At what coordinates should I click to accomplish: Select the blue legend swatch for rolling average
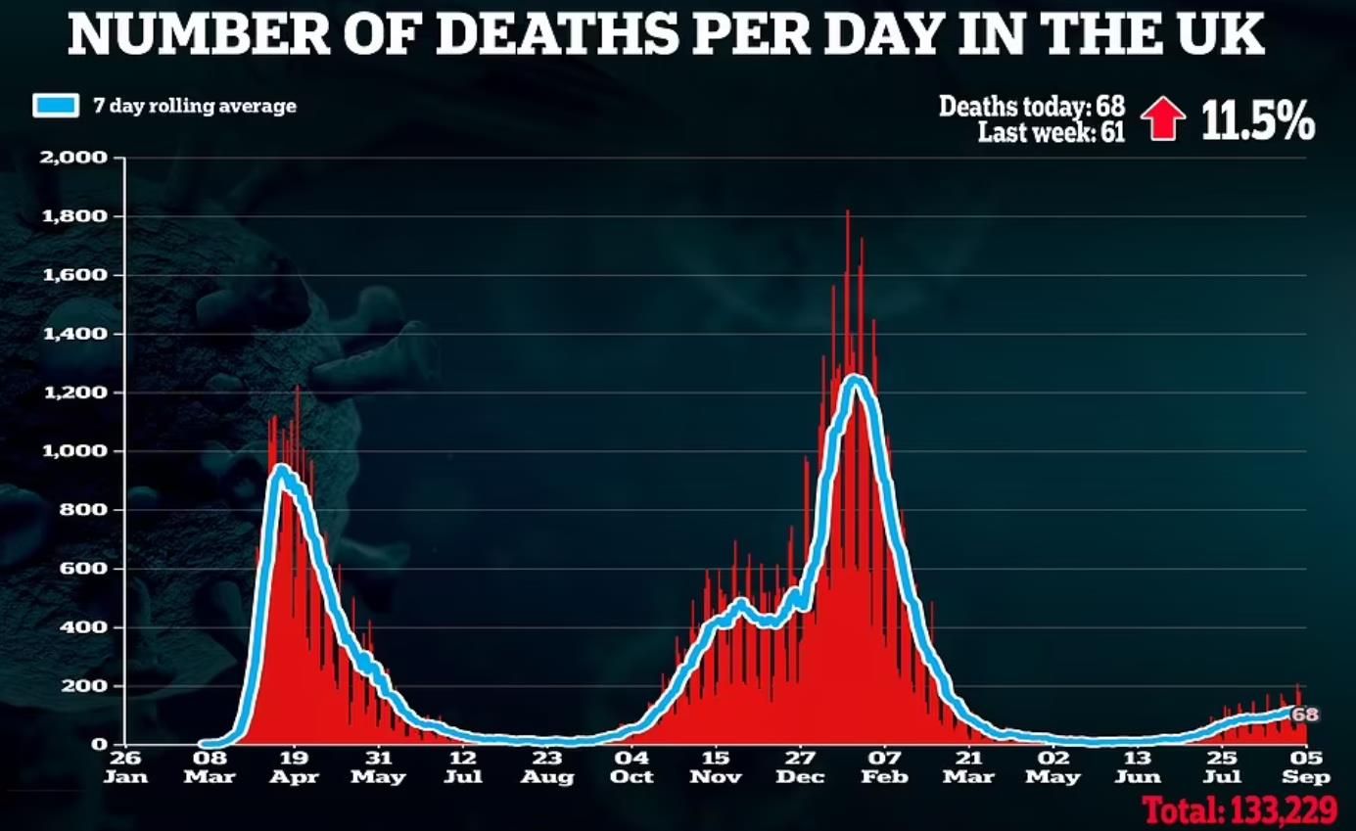pyautogui.click(x=55, y=106)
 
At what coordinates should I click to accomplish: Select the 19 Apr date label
pyautogui.click(x=294, y=766)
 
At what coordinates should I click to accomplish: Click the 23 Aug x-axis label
pyautogui.click(x=547, y=766)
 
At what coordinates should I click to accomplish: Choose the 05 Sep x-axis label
pyautogui.click(x=1306, y=766)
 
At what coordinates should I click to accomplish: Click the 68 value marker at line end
pyautogui.click(x=1305, y=716)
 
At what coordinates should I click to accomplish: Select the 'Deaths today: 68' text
pyautogui.click(x=1032, y=105)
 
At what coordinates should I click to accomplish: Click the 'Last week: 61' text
pyautogui.click(x=1051, y=131)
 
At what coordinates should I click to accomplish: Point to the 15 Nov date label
pyautogui.click(x=716, y=766)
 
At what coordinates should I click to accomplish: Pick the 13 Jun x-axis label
pyautogui.click(x=1138, y=766)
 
